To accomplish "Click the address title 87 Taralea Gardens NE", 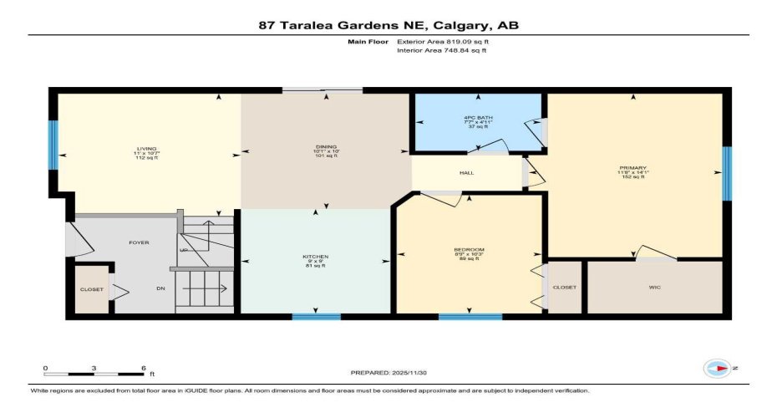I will pyautogui.click(x=388, y=25).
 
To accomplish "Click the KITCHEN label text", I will pyautogui.click(x=315, y=256).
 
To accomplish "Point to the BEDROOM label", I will pyautogui.click(x=469, y=250).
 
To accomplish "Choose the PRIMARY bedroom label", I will pyautogui.click(x=633, y=168).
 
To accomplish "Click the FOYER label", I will pyautogui.click(x=139, y=242).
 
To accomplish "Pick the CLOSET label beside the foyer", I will pyautogui.click(x=91, y=289).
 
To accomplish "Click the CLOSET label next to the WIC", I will pyautogui.click(x=565, y=287).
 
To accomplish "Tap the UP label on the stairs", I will pyautogui.click(x=184, y=251).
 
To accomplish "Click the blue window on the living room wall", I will pyautogui.click(x=53, y=145).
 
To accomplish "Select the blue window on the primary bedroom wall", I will pyautogui.click(x=726, y=173).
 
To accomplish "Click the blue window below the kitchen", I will pyautogui.click(x=316, y=317).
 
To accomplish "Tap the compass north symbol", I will pyautogui.click(x=718, y=368).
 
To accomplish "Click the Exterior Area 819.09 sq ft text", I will pyautogui.click(x=442, y=40).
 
